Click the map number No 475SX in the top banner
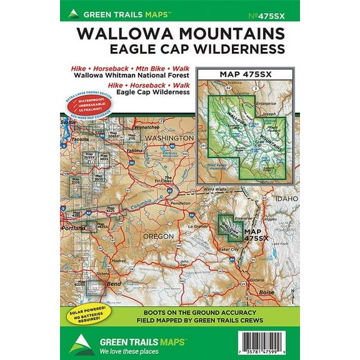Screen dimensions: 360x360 278,12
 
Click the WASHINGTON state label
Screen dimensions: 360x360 169,137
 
